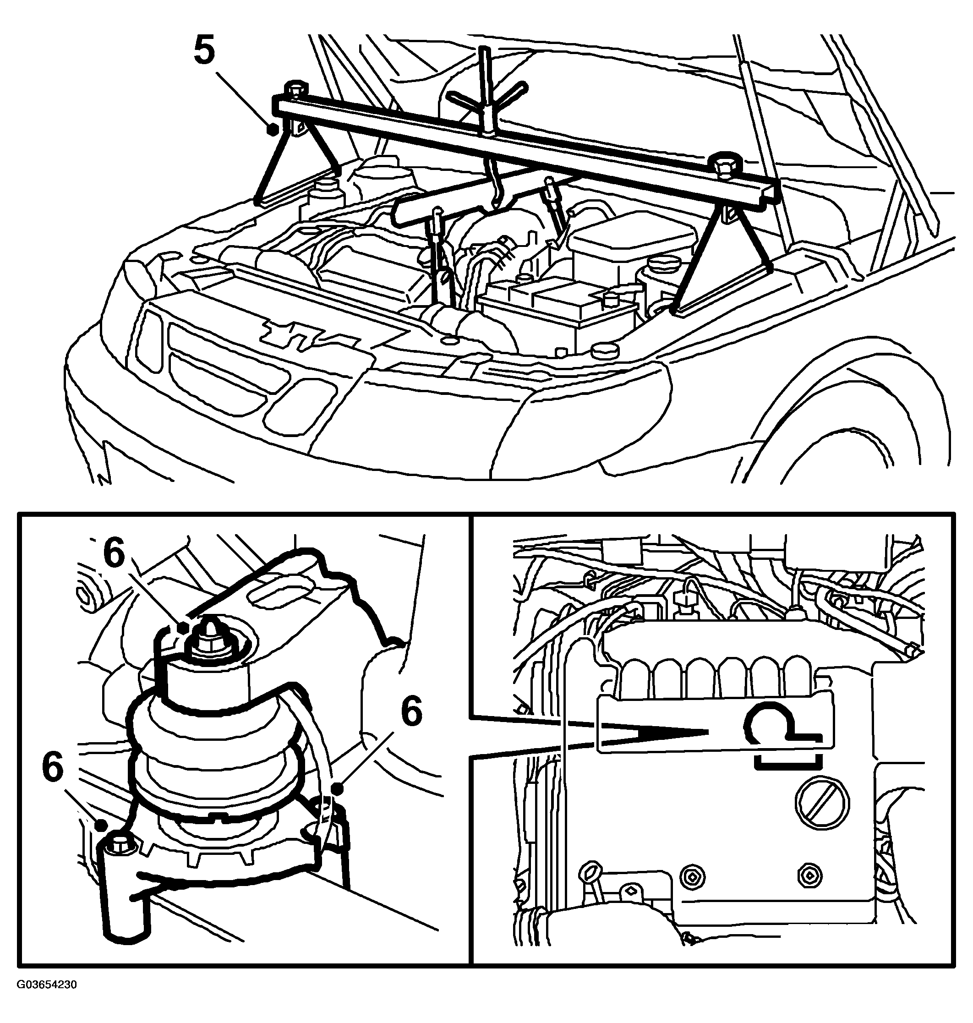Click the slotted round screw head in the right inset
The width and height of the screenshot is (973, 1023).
pyautogui.click(x=823, y=803)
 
